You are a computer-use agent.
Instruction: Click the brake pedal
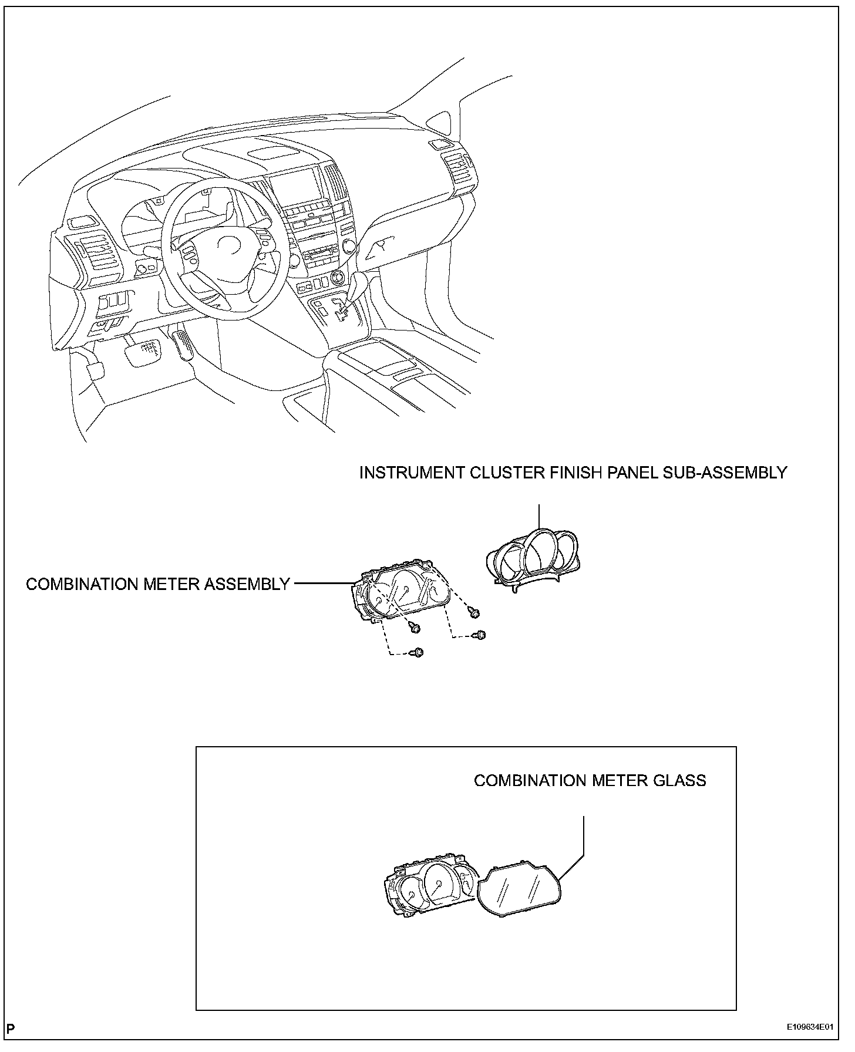[x=141, y=353]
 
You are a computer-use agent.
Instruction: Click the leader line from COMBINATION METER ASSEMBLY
[x=323, y=584]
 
